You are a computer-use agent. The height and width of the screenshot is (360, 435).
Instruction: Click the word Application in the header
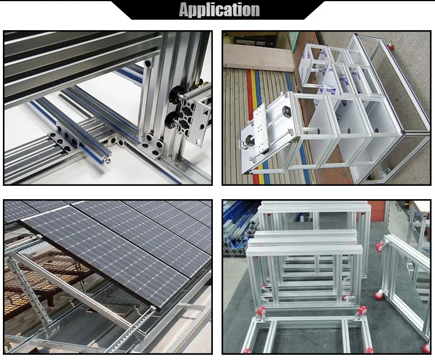click(x=219, y=10)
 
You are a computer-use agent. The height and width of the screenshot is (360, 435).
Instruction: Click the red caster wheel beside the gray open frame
click(x=390, y=47)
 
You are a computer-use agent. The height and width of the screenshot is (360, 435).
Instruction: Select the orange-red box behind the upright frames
click(x=377, y=207)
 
